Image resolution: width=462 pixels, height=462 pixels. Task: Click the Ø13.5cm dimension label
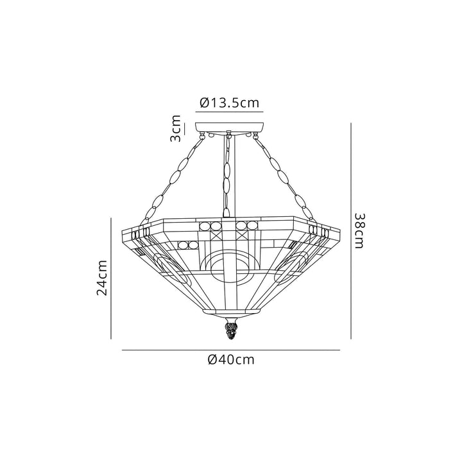pos(230,102)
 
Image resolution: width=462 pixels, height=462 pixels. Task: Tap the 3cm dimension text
pos(175,130)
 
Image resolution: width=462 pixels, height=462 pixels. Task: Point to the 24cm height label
pos(102,277)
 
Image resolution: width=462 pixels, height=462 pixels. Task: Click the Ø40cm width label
pos(231,360)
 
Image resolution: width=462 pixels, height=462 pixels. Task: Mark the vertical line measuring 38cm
pos(350,231)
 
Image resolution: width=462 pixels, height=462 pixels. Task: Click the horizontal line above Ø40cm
pos(230,350)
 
